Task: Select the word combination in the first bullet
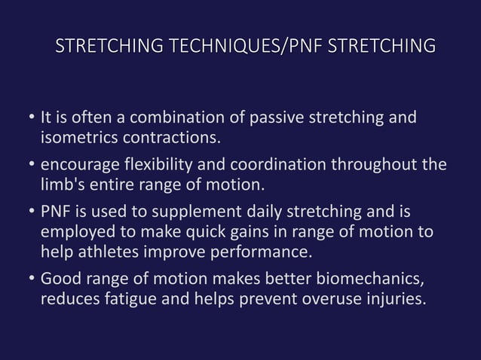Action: [183, 118]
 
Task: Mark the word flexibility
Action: [158, 165]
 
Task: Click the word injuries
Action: [390, 299]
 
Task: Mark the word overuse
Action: [325, 299]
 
